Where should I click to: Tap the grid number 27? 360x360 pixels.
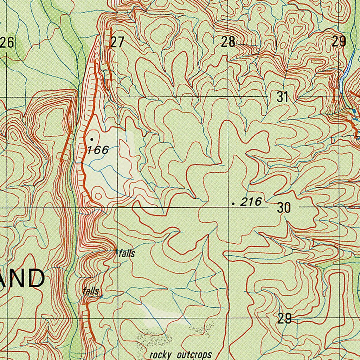click(117, 42)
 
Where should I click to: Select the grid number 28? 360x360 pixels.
click(228, 42)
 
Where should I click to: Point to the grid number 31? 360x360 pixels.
click(282, 97)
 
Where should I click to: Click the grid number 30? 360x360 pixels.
click(284, 208)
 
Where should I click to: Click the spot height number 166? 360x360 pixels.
click(98, 150)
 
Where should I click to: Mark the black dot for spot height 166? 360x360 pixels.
click(92, 139)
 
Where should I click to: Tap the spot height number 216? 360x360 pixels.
click(251, 202)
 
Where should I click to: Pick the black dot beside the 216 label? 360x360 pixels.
click(233, 203)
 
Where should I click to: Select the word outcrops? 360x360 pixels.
click(194, 354)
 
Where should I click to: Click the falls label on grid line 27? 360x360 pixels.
click(127, 253)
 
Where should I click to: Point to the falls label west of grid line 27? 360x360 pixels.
click(90, 291)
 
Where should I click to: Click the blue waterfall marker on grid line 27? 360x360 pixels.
click(117, 251)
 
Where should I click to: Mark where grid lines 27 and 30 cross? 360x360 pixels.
click(117, 207)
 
